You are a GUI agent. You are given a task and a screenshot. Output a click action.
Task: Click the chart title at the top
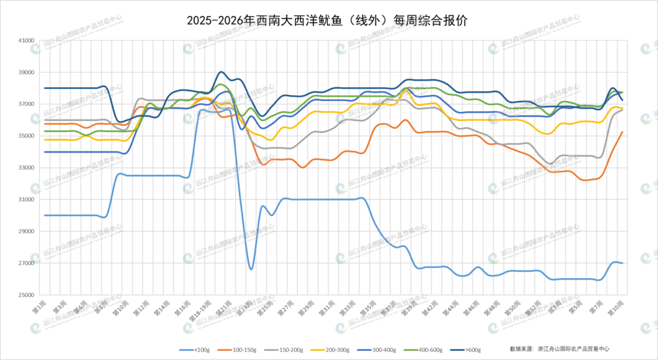(328, 21)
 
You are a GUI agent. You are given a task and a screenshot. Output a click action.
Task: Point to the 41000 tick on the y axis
(26, 41)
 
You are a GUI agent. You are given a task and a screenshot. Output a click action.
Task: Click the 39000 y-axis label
(26, 72)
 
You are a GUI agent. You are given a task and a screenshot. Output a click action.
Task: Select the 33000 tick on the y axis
(26, 168)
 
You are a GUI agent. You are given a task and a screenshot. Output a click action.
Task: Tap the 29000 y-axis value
(26, 231)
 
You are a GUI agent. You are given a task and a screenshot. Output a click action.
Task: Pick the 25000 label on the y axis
(26, 295)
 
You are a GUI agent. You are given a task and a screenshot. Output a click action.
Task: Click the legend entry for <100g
(194, 350)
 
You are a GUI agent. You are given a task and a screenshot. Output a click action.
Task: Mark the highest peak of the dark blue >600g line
(221, 72)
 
